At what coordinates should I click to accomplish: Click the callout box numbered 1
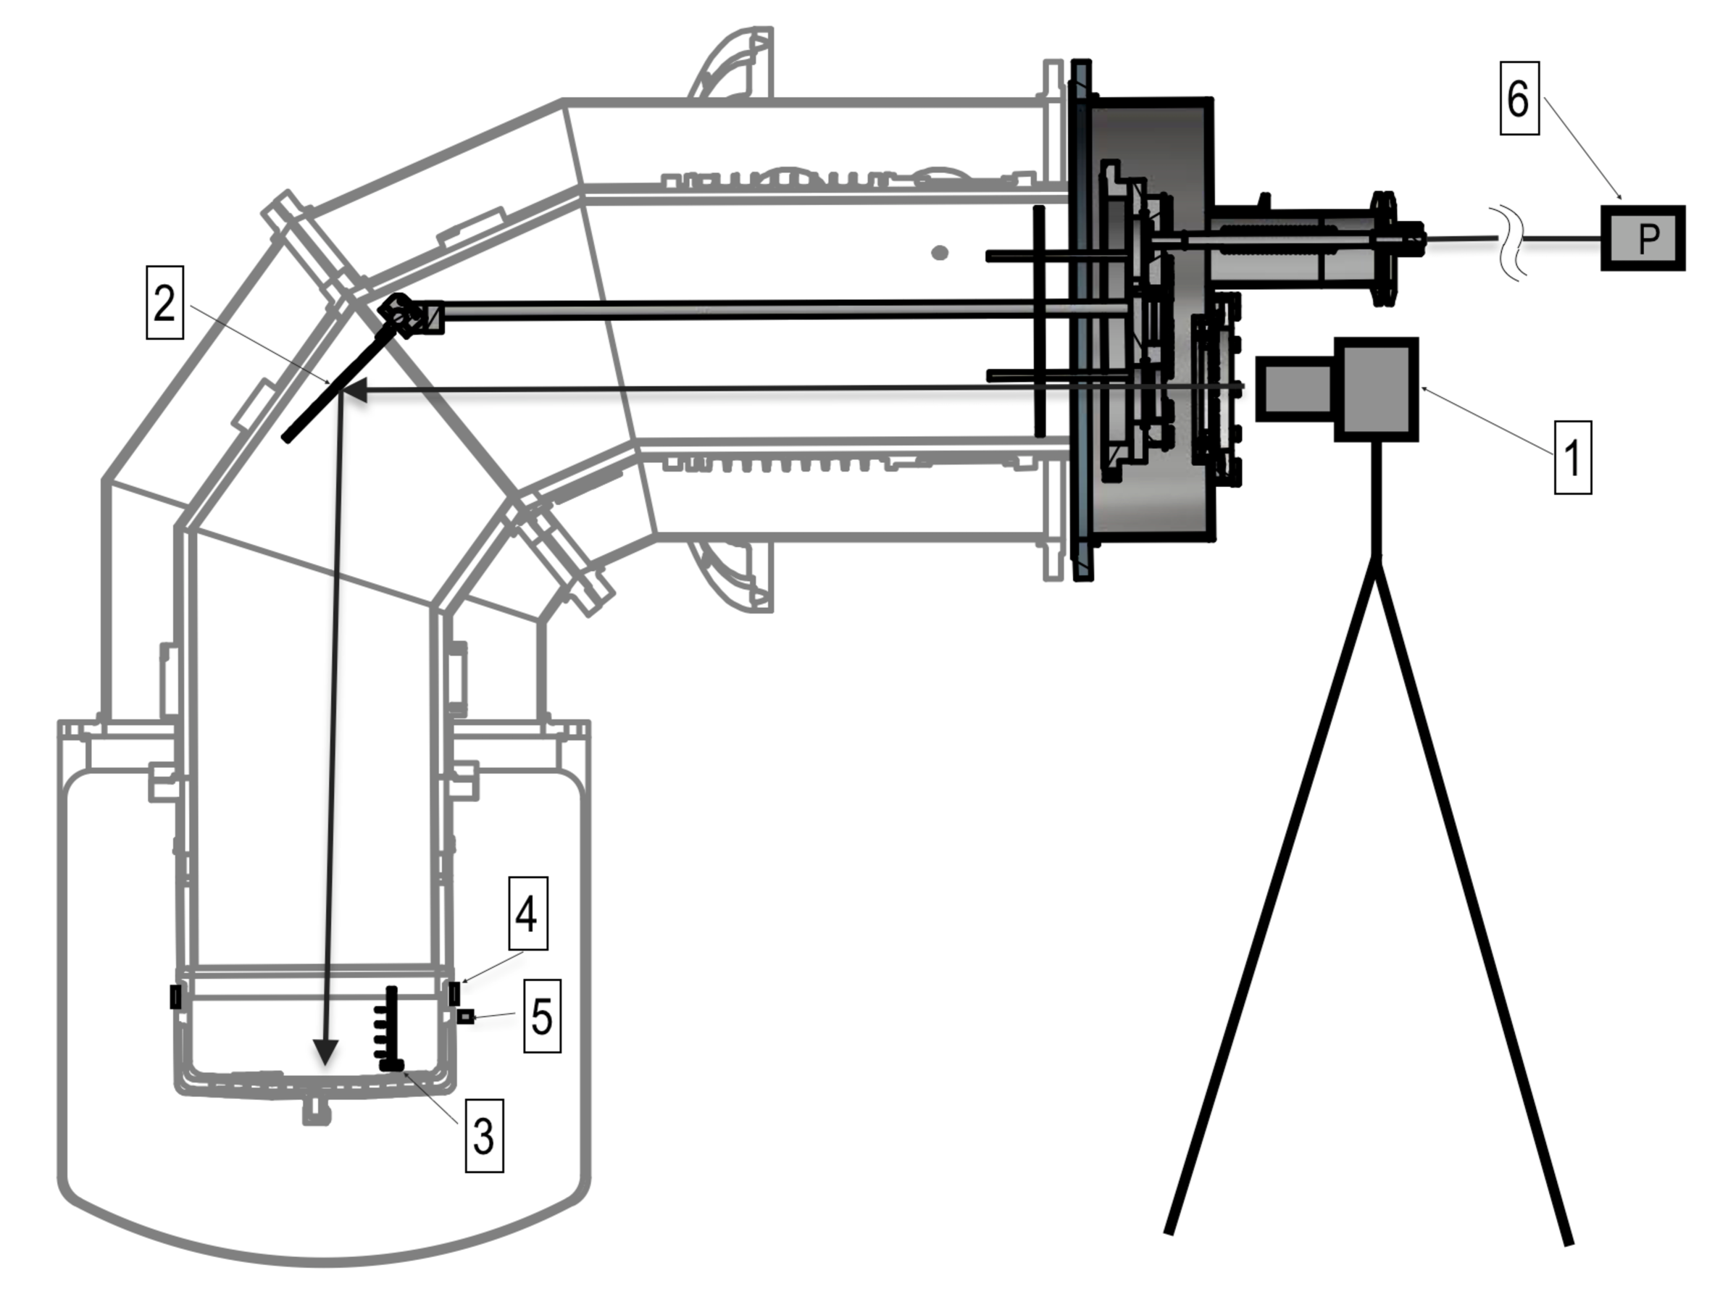click(1572, 457)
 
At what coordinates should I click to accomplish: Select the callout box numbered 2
click(165, 303)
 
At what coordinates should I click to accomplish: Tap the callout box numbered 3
click(483, 1135)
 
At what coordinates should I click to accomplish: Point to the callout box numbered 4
click(527, 913)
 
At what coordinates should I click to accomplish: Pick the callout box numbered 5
click(541, 1016)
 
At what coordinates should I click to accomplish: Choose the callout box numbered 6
click(1519, 99)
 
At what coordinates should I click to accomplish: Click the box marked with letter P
click(1643, 238)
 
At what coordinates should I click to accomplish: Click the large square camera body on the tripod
click(1377, 389)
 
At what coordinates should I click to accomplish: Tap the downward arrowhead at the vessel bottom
click(325, 1052)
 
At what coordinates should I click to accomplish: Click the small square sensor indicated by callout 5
click(466, 1016)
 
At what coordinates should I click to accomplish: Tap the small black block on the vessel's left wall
click(176, 997)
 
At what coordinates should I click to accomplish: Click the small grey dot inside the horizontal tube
click(940, 252)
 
